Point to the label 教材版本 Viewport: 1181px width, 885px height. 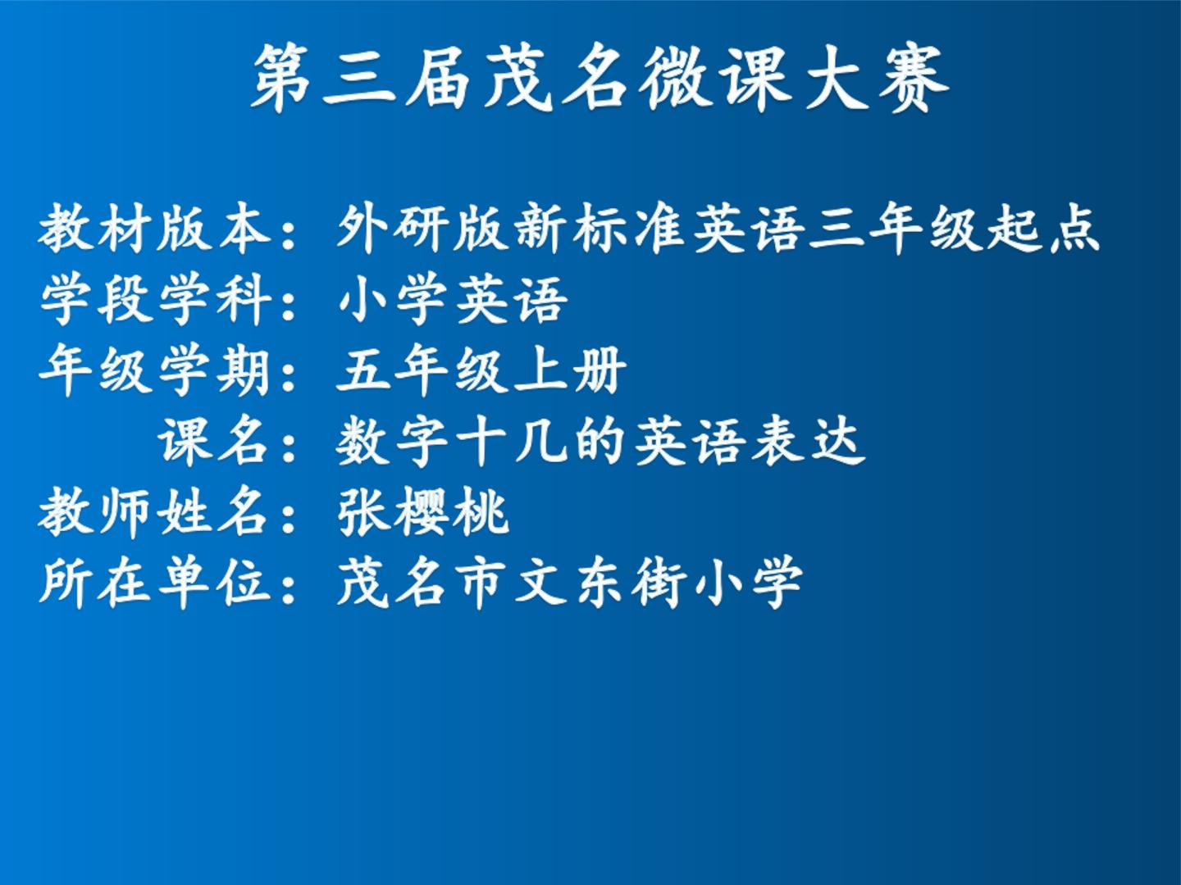coord(154,228)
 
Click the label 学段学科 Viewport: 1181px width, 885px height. coord(155,299)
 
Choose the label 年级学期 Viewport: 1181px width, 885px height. coord(154,370)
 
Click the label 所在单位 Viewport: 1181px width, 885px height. coord(154,583)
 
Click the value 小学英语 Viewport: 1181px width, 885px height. coord(453,299)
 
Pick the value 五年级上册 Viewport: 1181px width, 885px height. coord(481,370)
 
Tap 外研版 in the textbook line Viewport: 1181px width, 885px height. coord(423,228)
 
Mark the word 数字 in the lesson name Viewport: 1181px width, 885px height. coord(394,442)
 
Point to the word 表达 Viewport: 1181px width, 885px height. coord(808,442)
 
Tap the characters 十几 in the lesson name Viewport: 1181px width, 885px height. coord(512,442)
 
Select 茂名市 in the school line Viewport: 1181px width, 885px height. coord(423,583)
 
